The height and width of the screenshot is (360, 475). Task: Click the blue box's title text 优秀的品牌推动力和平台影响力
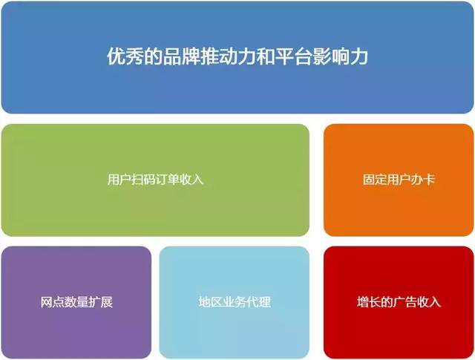click(x=237, y=56)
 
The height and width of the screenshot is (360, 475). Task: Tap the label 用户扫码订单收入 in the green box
click(x=155, y=179)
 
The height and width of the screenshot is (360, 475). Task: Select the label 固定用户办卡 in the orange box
click(x=399, y=179)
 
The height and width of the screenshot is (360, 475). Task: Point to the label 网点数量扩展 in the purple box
click(x=76, y=302)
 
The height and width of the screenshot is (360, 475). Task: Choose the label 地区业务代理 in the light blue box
click(x=235, y=302)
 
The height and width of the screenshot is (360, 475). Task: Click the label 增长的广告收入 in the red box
click(x=399, y=302)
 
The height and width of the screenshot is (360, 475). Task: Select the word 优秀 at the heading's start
click(x=125, y=56)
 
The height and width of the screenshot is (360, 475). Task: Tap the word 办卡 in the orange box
click(x=422, y=179)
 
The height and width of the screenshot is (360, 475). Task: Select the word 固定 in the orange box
click(x=375, y=179)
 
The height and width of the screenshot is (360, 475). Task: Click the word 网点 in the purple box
click(x=53, y=302)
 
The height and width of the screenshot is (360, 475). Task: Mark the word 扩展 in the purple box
click(x=101, y=302)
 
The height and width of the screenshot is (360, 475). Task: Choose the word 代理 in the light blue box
click(x=259, y=302)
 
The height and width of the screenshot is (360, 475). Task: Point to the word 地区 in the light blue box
click(x=211, y=302)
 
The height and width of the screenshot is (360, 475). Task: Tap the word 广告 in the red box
click(x=404, y=302)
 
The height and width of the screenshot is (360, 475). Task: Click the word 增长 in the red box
click(x=369, y=302)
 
